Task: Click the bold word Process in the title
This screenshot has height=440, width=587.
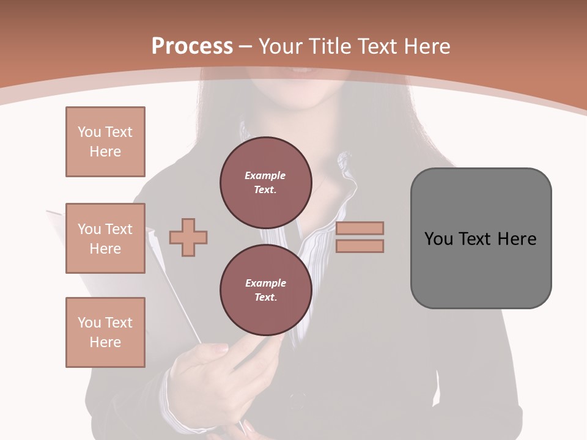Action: point(192,46)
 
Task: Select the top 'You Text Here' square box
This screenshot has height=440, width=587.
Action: point(105,142)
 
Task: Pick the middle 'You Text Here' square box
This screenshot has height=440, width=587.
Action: point(105,238)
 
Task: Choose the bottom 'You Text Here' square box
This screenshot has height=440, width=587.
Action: point(105,332)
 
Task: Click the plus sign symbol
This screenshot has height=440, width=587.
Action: point(188,237)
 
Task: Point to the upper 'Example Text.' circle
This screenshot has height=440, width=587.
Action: point(265,182)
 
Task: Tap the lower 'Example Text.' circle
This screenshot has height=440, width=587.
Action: point(265,290)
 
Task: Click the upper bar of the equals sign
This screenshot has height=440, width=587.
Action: point(360,228)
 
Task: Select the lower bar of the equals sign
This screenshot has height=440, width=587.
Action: point(360,246)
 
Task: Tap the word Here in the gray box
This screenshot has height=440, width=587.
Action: point(517,239)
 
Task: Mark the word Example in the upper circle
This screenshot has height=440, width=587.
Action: point(265,175)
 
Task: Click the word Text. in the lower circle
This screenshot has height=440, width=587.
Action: point(265,298)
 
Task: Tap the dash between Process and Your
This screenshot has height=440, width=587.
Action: point(246,46)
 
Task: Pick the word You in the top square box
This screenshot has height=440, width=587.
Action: point(89,132)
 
